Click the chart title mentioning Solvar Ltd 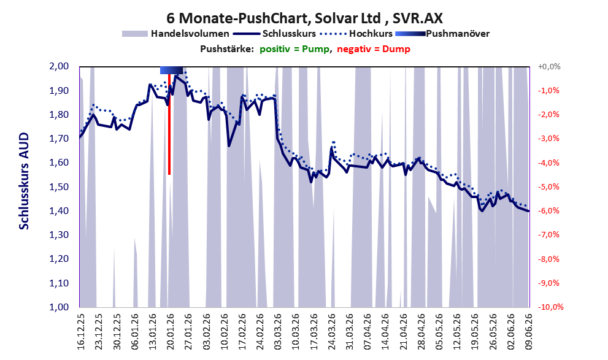pyautogui.click(x=304, y=18)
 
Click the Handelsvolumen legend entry pyautogui.click(x=175, y=34)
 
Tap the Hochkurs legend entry pyautogui.click(x=356, y=34)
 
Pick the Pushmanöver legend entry pyautogui.click(x=442, y=34)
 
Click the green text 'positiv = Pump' pyautogui.click(x=294, y=49)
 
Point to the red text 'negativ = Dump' pyautogui.click(x=374, y=49)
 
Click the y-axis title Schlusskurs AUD pyautogui.click(x=24, y=181)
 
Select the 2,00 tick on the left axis pyautogui.click(x=60, y=66)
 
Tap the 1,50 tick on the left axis pyautogui.click(x=60, y=187)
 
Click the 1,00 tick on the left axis pyautogui.click(x=60, y=307)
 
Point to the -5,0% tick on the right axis pyautogui.click(x=548, y=187)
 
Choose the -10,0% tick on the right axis pyautogui.click(x=550, y=307)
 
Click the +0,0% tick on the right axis pyautogui.click(x=549, y=67)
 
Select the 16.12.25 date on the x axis pyautogui.click(x=80, y=331)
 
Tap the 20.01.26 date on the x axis pyautogui.click(x=170, y=331)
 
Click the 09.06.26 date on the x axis pyautogui.click(x=529, y=331)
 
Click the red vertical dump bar pyautogui.click(x=169, y=124)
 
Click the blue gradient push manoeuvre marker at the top pyautogui.click(x=171, y=70)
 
